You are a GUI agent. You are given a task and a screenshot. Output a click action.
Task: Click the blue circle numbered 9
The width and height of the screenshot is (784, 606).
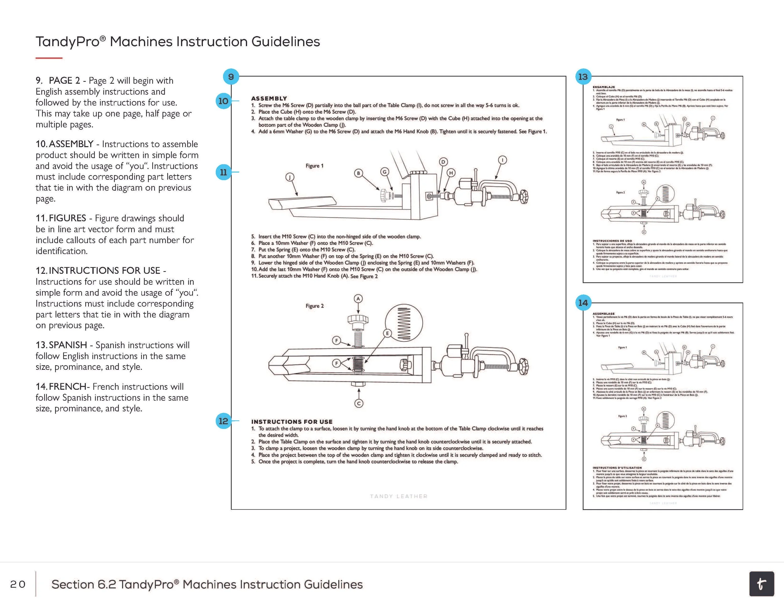(231, 77)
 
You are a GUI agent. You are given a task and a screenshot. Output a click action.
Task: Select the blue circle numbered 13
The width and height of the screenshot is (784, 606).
(583, 77)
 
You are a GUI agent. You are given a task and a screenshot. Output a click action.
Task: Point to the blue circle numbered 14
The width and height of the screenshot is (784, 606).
(583, 303)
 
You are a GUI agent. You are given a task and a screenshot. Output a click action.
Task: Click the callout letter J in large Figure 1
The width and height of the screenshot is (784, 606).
(290, 177)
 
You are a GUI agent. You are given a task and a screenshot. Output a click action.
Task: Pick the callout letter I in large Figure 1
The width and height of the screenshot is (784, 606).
(503, 160)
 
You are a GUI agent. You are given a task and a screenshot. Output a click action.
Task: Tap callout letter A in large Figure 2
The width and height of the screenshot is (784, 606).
(358, 298)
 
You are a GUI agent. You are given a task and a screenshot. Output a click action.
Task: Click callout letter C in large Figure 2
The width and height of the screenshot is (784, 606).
(359, 403)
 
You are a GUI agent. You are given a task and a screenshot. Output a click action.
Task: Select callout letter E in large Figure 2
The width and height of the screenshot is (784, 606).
(387, 333)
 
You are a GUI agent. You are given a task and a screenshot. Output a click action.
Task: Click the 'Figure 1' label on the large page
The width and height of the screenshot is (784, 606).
(315, 166)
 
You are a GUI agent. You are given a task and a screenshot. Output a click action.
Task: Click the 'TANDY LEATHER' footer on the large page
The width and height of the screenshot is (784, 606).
(399, 496)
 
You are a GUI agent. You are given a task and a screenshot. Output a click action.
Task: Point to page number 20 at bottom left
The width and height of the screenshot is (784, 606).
(18, 584)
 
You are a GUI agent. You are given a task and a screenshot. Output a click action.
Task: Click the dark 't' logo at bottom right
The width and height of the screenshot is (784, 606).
(761, 584)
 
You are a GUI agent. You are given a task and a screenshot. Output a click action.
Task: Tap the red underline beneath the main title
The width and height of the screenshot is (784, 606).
(49, 58)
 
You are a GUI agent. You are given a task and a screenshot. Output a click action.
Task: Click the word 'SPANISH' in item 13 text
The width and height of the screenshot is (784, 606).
(68, 345)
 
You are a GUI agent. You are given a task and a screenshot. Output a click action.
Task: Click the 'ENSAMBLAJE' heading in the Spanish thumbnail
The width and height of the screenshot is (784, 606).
(603, 87)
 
